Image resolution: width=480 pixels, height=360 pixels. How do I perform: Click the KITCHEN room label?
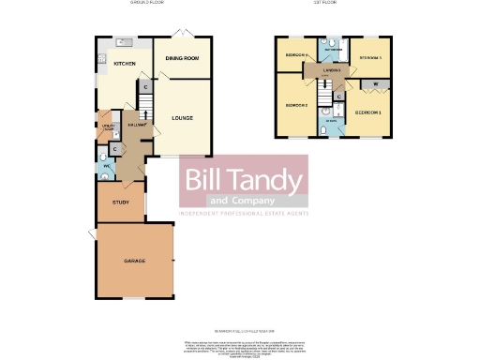[125, 64]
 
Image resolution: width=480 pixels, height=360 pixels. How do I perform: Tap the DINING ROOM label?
[182, 59]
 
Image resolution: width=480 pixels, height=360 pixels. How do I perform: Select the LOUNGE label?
[182, 118]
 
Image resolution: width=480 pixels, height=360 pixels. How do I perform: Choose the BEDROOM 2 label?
[297, 106]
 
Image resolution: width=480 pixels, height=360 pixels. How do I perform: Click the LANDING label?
[331, 71]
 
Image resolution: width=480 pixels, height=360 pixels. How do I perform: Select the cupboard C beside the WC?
[113, 148]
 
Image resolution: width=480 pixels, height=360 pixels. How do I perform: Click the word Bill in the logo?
[202, 179]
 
